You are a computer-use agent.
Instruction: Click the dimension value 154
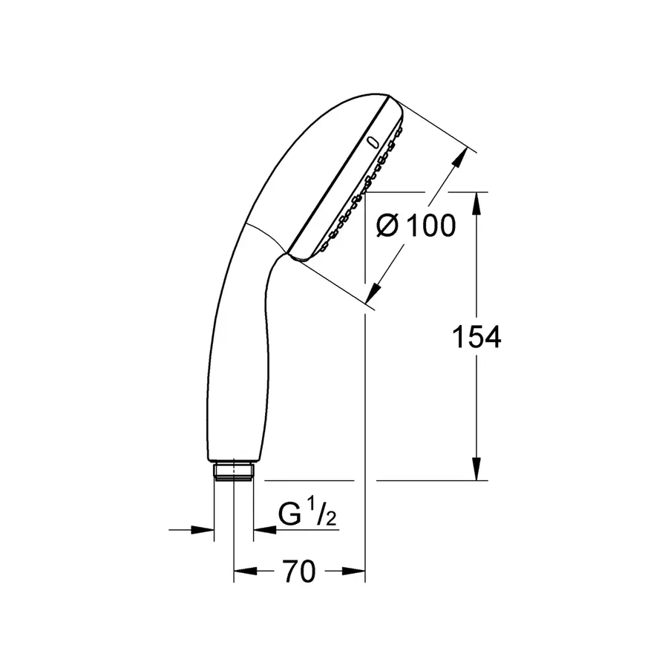[x=477, y=337]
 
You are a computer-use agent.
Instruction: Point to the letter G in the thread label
[x=289, y=514]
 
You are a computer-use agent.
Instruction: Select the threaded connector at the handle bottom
[x=234, y=471]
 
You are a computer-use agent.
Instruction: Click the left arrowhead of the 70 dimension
[x=243, y=571]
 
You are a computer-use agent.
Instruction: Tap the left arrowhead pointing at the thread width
[x=205, y=529]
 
